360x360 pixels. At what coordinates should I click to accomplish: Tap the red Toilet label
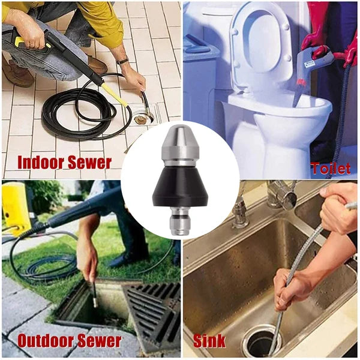[x=331, y=169]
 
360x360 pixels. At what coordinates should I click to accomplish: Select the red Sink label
[x=209, y=341]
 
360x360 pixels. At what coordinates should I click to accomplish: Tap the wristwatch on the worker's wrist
[x=122, y=61]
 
